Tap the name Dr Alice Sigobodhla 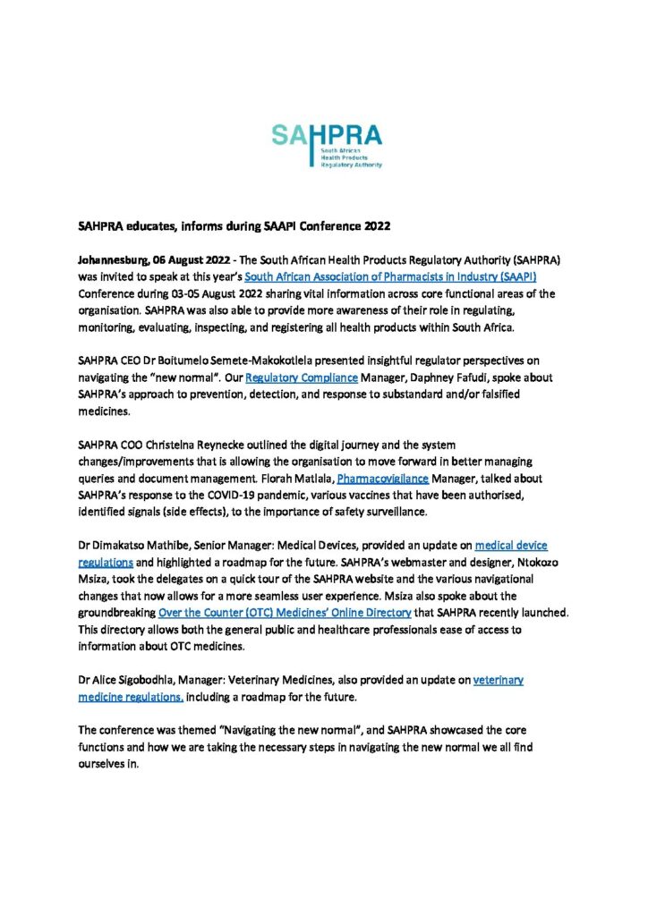click(133, 680)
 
